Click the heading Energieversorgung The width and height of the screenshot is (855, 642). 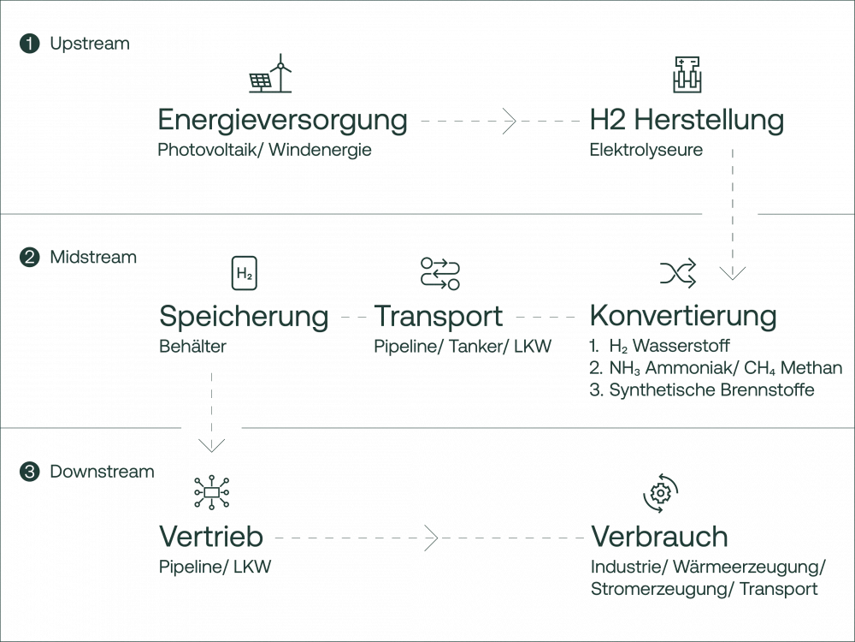point(282,121)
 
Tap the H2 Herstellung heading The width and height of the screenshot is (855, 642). point(687,121)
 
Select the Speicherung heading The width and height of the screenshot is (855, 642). point(244,317)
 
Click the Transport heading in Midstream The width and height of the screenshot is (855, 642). point(439,317)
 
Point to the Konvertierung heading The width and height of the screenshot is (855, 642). point(684,317)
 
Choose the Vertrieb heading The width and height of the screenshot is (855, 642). point(211,538)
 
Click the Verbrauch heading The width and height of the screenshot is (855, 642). point(660,538)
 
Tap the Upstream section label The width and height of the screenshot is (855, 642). point(89,43)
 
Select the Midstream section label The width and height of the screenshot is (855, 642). point(92,257)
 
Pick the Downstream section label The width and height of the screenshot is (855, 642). point(102,471)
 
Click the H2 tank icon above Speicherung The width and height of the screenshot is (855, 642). point(244,272)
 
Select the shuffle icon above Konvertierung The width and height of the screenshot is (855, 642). point(678,273)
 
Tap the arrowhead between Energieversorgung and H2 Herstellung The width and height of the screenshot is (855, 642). point(510,122)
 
